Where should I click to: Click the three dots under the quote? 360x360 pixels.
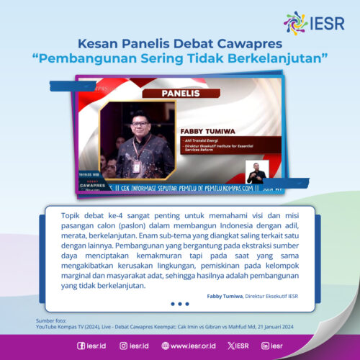coord(180,304)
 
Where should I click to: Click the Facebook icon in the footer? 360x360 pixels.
coord(81,346)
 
